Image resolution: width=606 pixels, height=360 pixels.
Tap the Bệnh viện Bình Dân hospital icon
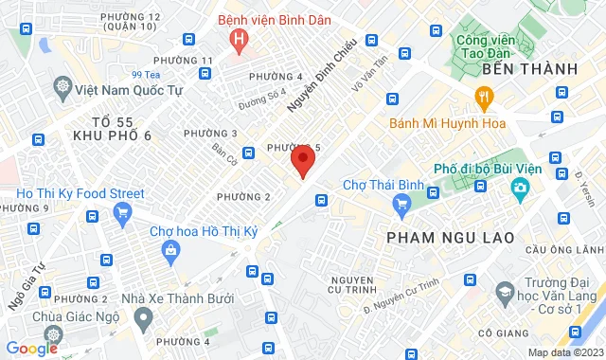[x=238, y=41]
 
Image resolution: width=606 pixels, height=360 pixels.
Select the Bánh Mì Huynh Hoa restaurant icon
[x=484, y=96]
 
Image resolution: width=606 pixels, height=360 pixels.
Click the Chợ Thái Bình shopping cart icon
[x=402, y=202]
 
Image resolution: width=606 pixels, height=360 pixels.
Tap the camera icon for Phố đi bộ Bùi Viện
[x=520, y=189]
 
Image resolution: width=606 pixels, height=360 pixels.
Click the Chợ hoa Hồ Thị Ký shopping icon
[x=170, y=251]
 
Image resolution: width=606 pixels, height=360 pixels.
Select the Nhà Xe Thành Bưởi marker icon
[x=143, y=319]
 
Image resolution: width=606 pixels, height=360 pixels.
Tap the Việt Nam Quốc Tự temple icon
[x=63, y=88]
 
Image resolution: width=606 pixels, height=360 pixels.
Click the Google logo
[x=30, y=348]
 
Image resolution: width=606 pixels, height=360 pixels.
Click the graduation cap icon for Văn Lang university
[x=505, y=293]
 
